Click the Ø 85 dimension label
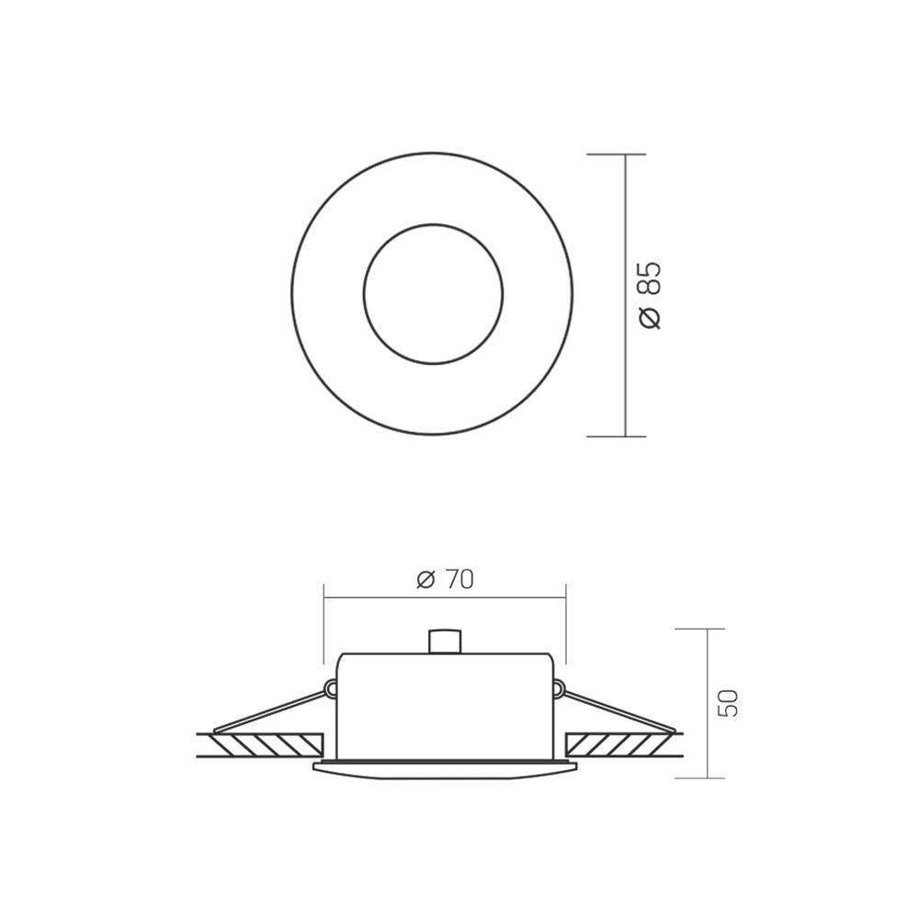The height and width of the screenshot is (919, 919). (x=650, y=295)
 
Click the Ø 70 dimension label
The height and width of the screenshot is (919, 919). (x=445, y=579)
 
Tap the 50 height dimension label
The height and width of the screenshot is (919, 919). (x=729, y=703)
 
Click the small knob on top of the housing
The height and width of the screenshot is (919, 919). (x=444, y=641)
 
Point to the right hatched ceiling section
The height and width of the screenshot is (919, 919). (x=620, y=744)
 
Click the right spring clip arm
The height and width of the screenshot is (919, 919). (x=618, y=711)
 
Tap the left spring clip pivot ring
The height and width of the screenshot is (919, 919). (x=331, y=686)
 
